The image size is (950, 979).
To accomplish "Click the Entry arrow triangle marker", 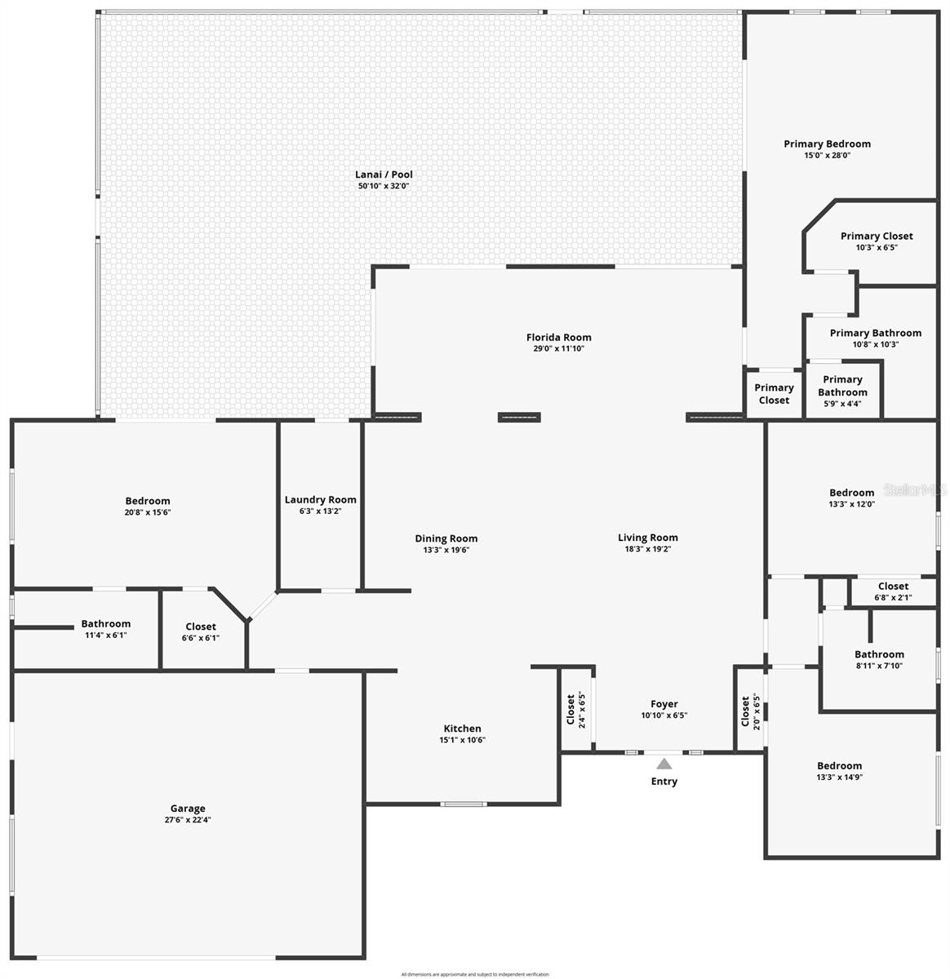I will [x=664, y=764].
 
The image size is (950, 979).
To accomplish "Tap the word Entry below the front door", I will [x=664, y=782].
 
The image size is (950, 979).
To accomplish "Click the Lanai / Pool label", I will [x=384, y=175].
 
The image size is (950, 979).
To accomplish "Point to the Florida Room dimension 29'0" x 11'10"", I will [x=558, y=348].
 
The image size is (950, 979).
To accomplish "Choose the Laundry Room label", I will [x=320, y=499].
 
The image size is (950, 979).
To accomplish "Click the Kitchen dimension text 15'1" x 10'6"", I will [x=462, y=740].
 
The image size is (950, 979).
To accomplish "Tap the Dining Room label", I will [x=446, y=538].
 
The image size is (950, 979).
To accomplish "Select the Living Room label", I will [x=647, y=538].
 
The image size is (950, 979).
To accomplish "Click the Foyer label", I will [x=664, y=704].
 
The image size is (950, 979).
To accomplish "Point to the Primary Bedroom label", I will [x=827, y=144].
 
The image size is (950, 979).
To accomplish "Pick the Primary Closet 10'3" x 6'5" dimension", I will [x=877, y=247].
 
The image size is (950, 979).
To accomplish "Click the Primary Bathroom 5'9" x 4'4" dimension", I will [x=842, y=404].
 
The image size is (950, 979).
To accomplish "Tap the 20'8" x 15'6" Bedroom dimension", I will [x=148, y=512].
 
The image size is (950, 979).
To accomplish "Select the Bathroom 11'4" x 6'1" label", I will [x=105, y=624].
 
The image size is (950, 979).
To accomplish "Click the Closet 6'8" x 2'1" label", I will [x=893, y=586].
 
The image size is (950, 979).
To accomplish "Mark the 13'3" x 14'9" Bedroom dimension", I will [x=839, y=777].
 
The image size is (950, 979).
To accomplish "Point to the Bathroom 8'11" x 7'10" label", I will [x=879, y=654].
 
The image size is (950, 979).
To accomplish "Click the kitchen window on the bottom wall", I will [x=463, y=804].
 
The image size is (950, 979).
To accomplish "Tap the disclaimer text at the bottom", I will [x=475, y=974].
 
